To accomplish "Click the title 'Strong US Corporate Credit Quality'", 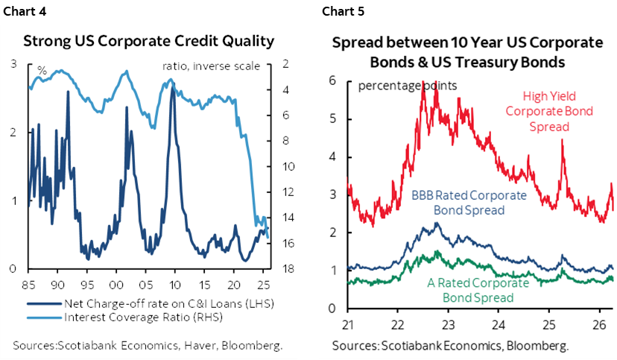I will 149,40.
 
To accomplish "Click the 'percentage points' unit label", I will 408,84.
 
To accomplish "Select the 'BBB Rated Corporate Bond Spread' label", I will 458,203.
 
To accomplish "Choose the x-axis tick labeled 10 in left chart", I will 174,284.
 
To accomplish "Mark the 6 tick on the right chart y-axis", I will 335,80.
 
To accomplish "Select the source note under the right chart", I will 450,346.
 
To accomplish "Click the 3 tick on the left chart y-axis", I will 14,65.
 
